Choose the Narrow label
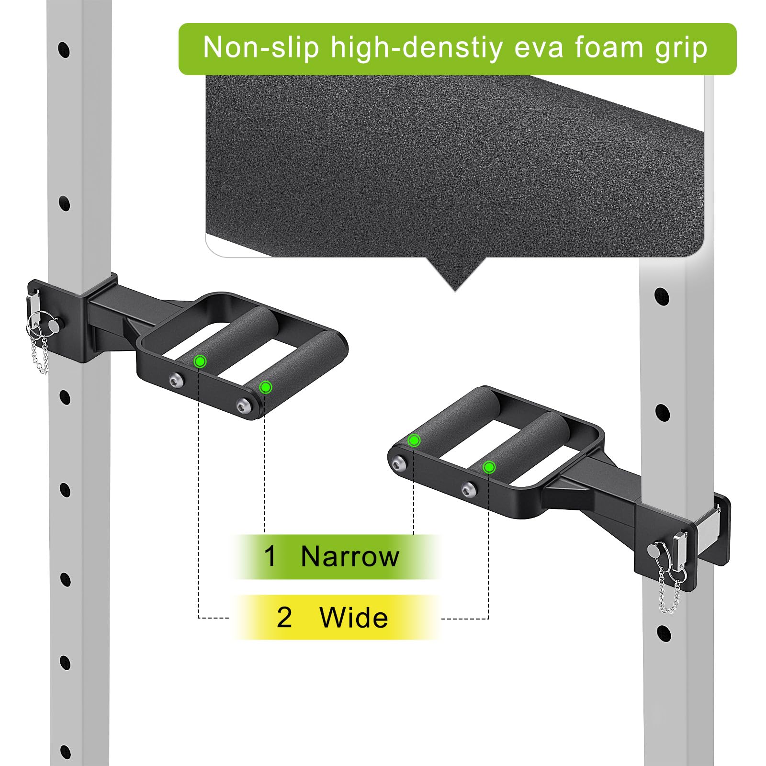tap(350, 556)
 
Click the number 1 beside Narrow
tap(270, 556)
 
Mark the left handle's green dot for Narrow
tap(266, 387)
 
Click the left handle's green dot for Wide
tap(200, 361)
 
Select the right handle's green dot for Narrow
tap(414, 440)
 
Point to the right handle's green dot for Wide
tap(489, 467)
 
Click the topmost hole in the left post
tap(64, 49)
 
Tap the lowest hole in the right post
tap(664, 633)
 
